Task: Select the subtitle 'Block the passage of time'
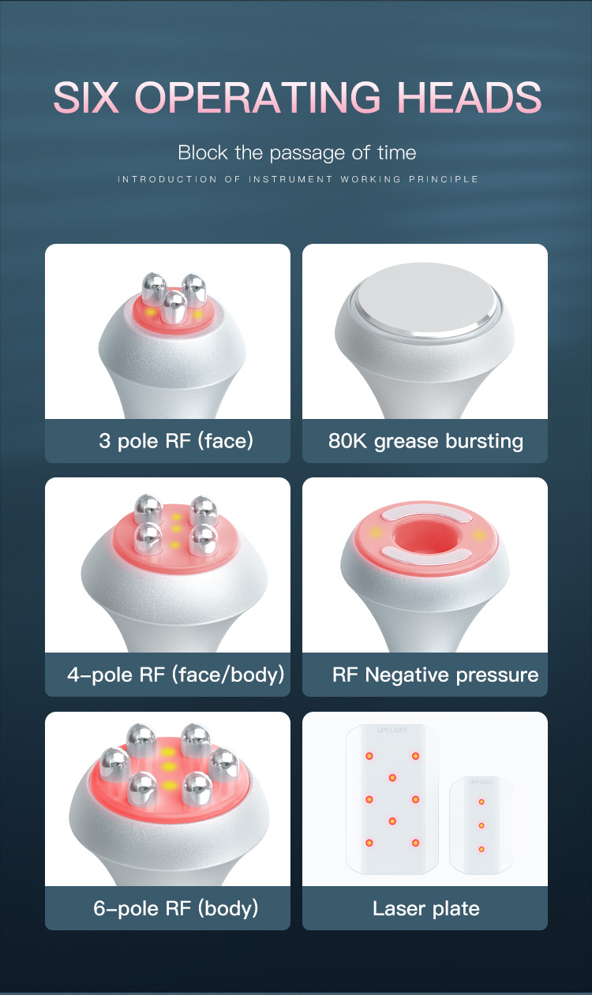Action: pyautogui.click(x=297, y=152)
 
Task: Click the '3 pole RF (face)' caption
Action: pyautogui.click(x=175, y=440)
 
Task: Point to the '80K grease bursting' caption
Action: pyautogui.click(x=425, y=440)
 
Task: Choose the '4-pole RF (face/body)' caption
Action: pyautogui.click(x=175, y=675)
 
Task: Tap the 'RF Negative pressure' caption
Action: pyautogui.click(x=435, y=675)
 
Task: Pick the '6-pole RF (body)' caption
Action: pyautogui.click(x=175, y=908)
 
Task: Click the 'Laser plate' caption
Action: pyautogui.click(x=425, y=908)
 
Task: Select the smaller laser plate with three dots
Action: pyautogui.click(x=481, y=824)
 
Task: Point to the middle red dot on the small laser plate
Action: pyautogui.click(x=481, y=825)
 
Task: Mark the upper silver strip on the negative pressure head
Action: pyautogui.click(x=420, y=514)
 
